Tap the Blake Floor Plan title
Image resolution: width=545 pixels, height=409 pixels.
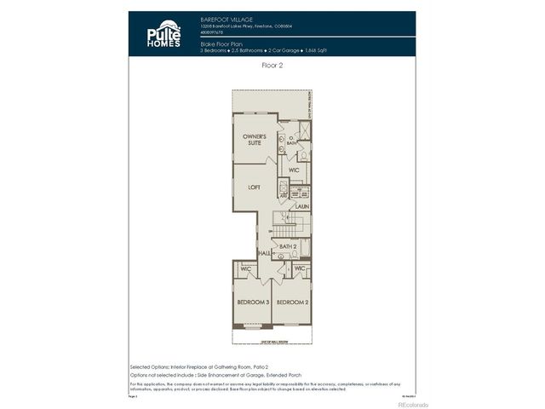pos(221,42)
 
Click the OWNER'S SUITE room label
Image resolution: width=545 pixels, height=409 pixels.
pos(255,140)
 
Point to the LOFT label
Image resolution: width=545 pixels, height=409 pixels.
pos(254,187)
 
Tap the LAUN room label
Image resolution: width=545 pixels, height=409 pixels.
pos(301,206)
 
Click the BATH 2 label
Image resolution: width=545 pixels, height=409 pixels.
pos(288,246)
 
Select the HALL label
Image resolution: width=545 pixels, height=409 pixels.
pos(264,254)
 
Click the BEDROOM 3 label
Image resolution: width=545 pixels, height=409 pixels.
pos(254,302)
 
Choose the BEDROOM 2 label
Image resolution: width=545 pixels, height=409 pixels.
pos(291,302)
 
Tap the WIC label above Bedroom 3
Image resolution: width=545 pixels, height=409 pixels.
pos(244,269)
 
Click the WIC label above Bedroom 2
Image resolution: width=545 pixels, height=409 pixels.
pos(299,269)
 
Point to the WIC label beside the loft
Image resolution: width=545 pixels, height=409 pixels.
pos(294,170)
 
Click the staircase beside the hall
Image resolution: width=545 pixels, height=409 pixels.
pos(285,227)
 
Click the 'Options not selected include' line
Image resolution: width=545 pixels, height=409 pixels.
pos(204,374)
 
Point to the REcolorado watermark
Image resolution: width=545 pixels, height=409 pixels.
pos(413,404)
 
